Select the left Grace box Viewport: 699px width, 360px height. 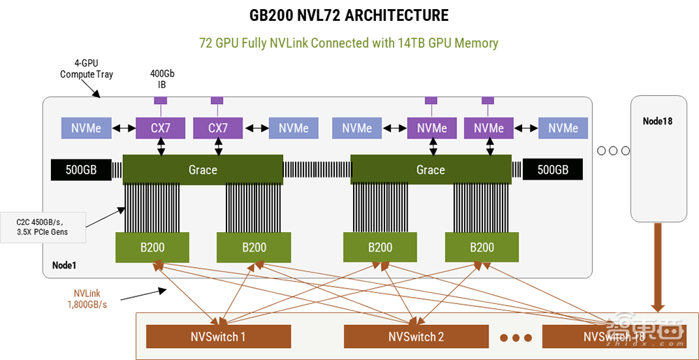click(203, 170)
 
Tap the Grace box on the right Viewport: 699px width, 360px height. click(431, 170)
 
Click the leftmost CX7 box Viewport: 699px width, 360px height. click(161, 128)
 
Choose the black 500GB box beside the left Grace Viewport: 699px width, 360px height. click(81, 170)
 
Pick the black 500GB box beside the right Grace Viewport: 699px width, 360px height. click(552, 170)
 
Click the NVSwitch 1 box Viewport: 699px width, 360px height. click(217, 337)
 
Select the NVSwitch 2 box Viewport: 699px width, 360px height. click(416, 337)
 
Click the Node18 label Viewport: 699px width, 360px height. click(657, 122)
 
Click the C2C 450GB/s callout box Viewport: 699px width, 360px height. click(43, 226)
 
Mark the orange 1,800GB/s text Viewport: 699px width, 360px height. click(87, 304)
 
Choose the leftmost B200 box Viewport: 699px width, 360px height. click(152, 247)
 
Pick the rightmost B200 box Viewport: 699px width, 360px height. click(482, 247)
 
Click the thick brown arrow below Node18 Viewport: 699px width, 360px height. click(657, 266)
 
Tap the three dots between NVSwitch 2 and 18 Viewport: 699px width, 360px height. click(517, 338)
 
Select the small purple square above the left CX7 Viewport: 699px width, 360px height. click(161, 101)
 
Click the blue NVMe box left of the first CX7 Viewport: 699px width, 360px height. click(86, 128)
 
